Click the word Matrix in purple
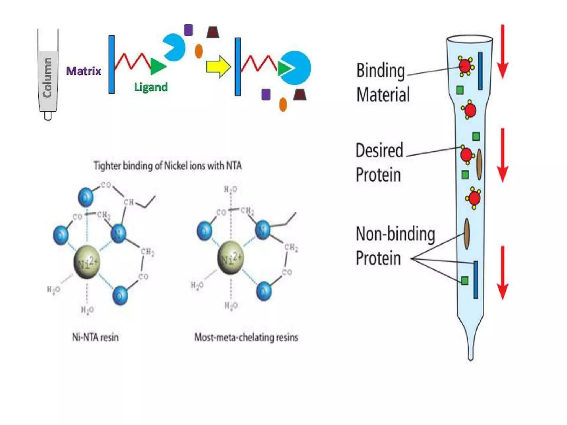pos(84,71)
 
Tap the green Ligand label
pos(151,87)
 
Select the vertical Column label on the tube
pos(47,77)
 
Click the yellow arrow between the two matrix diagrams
pos(218,67)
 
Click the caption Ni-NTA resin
pos(95,337)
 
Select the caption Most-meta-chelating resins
pos(246,337)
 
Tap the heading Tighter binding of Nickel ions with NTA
pos(167,166)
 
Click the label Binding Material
pos(382,82)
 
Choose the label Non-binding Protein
pos(395,246)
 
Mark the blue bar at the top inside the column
pos(480,71)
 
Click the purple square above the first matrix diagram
pos(188,30)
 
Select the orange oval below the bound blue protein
pos(283,104)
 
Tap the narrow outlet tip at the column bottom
pos(470,354)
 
